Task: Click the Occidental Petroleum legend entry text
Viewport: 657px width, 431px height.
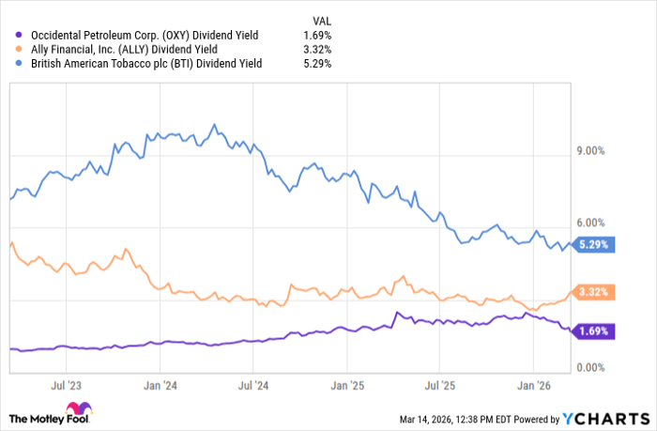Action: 145,36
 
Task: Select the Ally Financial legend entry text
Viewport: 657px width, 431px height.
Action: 125,50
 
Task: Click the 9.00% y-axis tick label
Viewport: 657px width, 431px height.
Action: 590,150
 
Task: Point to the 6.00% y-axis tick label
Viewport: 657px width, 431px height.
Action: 590,223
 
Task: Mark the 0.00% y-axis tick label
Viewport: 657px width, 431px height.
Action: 590,367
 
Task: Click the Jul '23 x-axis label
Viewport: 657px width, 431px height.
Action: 68,385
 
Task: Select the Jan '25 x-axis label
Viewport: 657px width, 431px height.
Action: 348,385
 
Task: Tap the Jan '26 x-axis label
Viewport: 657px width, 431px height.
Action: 534,385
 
